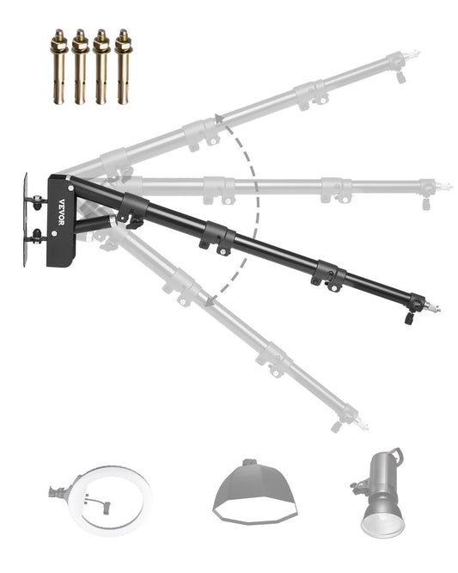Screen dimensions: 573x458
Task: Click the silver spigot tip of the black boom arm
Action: click(436, 307)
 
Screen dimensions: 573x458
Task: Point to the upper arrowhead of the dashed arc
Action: click(218, 118)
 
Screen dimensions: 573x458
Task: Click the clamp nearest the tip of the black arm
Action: click(329, 276)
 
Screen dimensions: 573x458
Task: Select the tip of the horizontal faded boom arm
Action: click(445, 186)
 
